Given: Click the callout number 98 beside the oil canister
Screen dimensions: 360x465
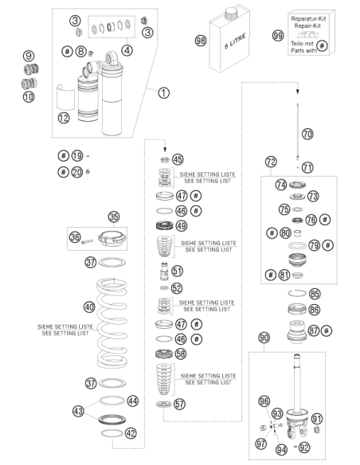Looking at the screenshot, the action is pos(201,40).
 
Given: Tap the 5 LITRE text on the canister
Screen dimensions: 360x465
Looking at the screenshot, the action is pos(235,41).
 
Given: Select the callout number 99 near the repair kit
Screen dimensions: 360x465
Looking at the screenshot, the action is pos(278,36).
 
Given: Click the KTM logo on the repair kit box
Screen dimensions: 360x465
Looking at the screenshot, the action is pos(307,35).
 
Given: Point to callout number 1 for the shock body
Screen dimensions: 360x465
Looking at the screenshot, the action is pos(163,93).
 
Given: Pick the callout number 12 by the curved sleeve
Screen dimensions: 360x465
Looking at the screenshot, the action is pos(64,118).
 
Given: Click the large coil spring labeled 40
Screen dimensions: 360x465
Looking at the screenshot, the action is pos(112,322).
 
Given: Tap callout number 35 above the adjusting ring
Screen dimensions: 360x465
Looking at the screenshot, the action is pos(114,217).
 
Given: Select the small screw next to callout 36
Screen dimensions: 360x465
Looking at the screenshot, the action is pos(87,242).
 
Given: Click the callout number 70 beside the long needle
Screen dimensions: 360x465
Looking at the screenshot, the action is pos(307,134).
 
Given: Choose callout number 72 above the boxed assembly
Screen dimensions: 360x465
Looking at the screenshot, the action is pos(271,162).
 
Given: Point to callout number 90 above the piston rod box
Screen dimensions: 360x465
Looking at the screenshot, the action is pos(264,338).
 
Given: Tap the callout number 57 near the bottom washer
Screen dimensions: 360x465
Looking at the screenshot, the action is pos(179,404).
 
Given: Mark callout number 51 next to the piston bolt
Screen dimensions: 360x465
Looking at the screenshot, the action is pos(178,271).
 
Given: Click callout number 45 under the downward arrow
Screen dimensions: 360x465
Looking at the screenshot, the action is pos(178,159).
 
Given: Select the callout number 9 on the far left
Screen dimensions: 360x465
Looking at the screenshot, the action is pos(29,56).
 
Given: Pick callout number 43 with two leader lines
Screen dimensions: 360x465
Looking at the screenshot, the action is pos(78,412).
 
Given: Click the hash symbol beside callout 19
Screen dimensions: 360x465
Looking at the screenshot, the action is pos(63,155).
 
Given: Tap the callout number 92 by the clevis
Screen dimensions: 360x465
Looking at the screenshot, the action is pos(304,447).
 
